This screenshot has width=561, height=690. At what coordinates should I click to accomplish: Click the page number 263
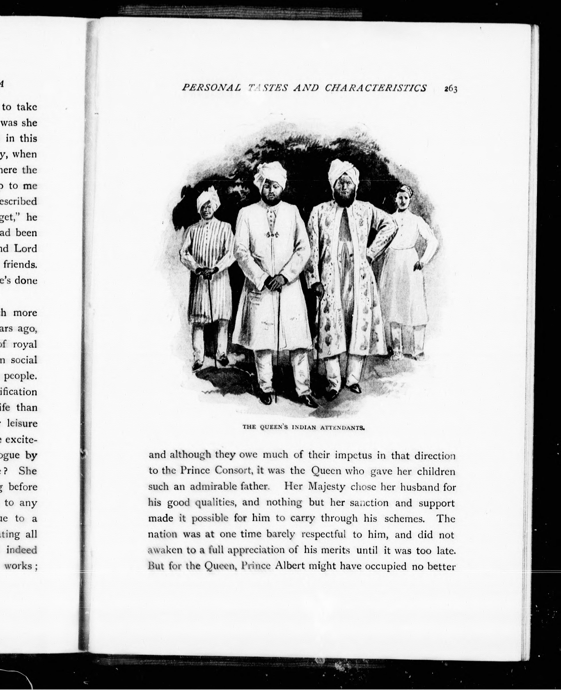click(450, 89)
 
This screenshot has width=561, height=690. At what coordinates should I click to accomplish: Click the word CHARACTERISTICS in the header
click(375, 88)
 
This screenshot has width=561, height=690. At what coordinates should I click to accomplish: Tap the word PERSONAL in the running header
click(211, 88)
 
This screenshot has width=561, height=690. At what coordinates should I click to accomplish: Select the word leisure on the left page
click(22, 423)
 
